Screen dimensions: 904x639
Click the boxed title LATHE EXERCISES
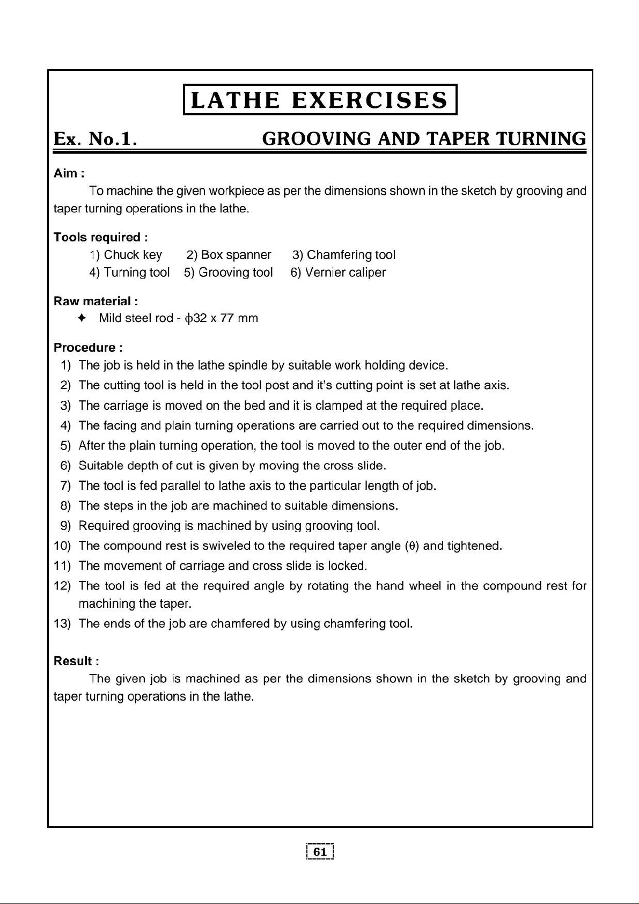320,100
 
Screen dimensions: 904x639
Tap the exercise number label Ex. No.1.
96,139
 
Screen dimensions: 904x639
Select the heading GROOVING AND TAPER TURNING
424,139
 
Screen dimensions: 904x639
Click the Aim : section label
69,173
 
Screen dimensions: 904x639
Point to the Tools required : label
101,237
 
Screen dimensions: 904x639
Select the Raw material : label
96,301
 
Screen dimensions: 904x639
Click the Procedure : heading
88,348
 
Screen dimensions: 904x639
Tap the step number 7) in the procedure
66,486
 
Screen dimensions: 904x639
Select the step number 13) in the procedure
63,624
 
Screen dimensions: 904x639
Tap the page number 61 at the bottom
320,852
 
